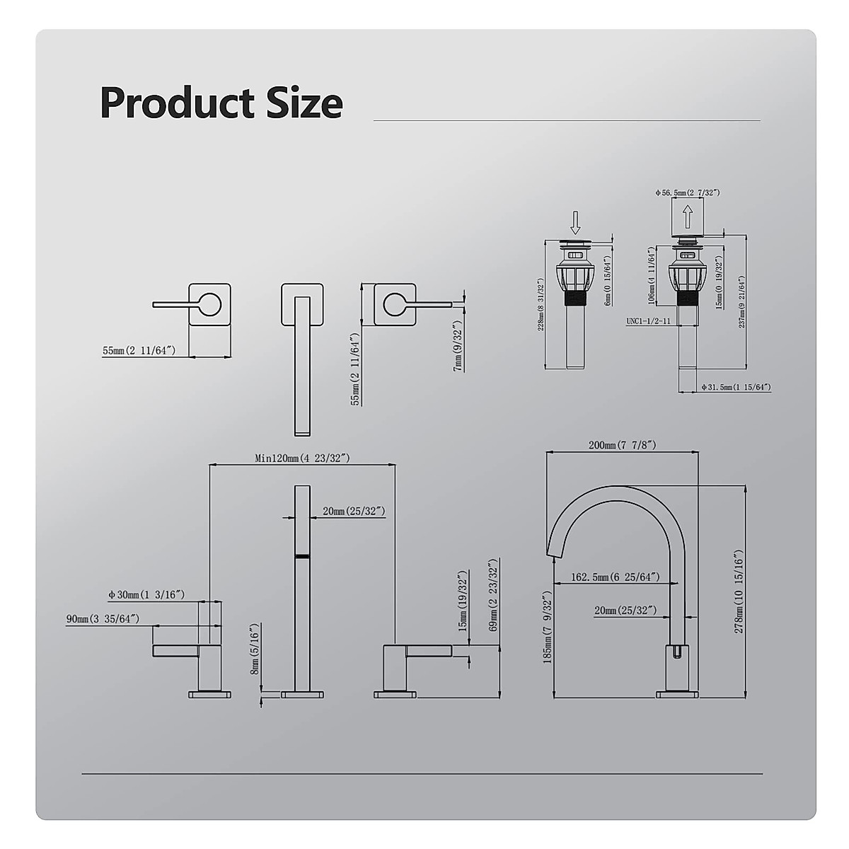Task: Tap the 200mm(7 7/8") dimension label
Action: coord(623,445)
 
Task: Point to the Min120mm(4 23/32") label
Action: coord(302,458)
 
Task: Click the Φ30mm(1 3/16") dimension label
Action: coord(146,595)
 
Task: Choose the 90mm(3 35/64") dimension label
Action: coord(103,619)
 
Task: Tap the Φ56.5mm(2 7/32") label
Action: coord(688,192)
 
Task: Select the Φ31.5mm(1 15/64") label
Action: coord(736,387)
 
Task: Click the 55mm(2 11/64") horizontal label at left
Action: coord(139,350)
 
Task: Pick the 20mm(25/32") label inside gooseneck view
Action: coord(625,610)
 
